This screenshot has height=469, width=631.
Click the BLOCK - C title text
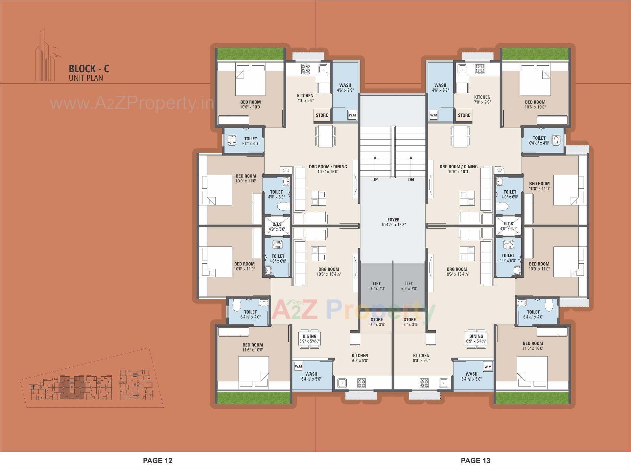point(89,69)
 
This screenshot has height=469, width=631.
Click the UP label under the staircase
point(375,180)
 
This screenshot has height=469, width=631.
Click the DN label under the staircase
point(411,180)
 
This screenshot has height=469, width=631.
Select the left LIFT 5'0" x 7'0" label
point(377,286)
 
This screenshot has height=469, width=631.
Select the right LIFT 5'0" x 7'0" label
point(409,286)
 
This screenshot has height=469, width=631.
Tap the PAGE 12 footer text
point(157,460)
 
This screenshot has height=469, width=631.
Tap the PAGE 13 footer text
point(476,460)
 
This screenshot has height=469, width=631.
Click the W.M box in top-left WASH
point(352,115)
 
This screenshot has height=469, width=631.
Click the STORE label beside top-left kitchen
point(322,115)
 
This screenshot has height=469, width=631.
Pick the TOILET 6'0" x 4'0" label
point(250,141)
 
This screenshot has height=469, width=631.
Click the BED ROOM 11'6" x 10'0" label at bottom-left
point(253,347)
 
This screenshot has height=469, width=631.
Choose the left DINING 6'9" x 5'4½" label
point(309,339)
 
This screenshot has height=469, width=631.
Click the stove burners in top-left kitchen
point(306,69)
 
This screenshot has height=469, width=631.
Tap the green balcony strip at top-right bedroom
point(535,54)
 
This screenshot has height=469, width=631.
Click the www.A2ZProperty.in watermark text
point(131,104)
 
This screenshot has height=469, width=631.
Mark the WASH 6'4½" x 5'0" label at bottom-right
point(471,376)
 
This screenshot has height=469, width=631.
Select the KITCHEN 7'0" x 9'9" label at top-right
point(482,99)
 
